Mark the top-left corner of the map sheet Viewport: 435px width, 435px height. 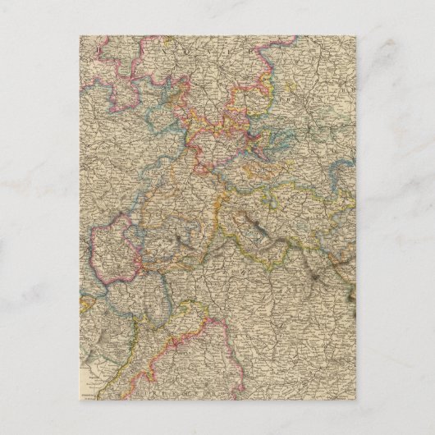(80, 34)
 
